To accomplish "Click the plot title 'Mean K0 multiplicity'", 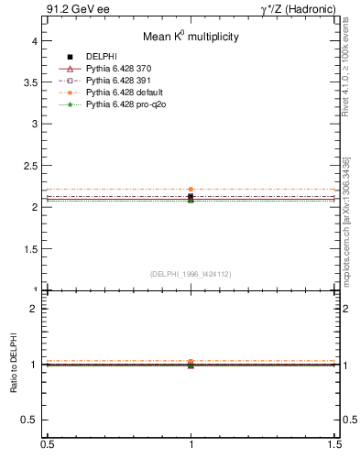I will click(190, 37).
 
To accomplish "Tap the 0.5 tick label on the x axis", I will click(46, 444).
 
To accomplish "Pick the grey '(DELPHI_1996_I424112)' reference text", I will click(190, 273).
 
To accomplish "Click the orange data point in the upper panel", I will click(191, 190).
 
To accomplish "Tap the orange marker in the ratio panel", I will click(191, 362).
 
